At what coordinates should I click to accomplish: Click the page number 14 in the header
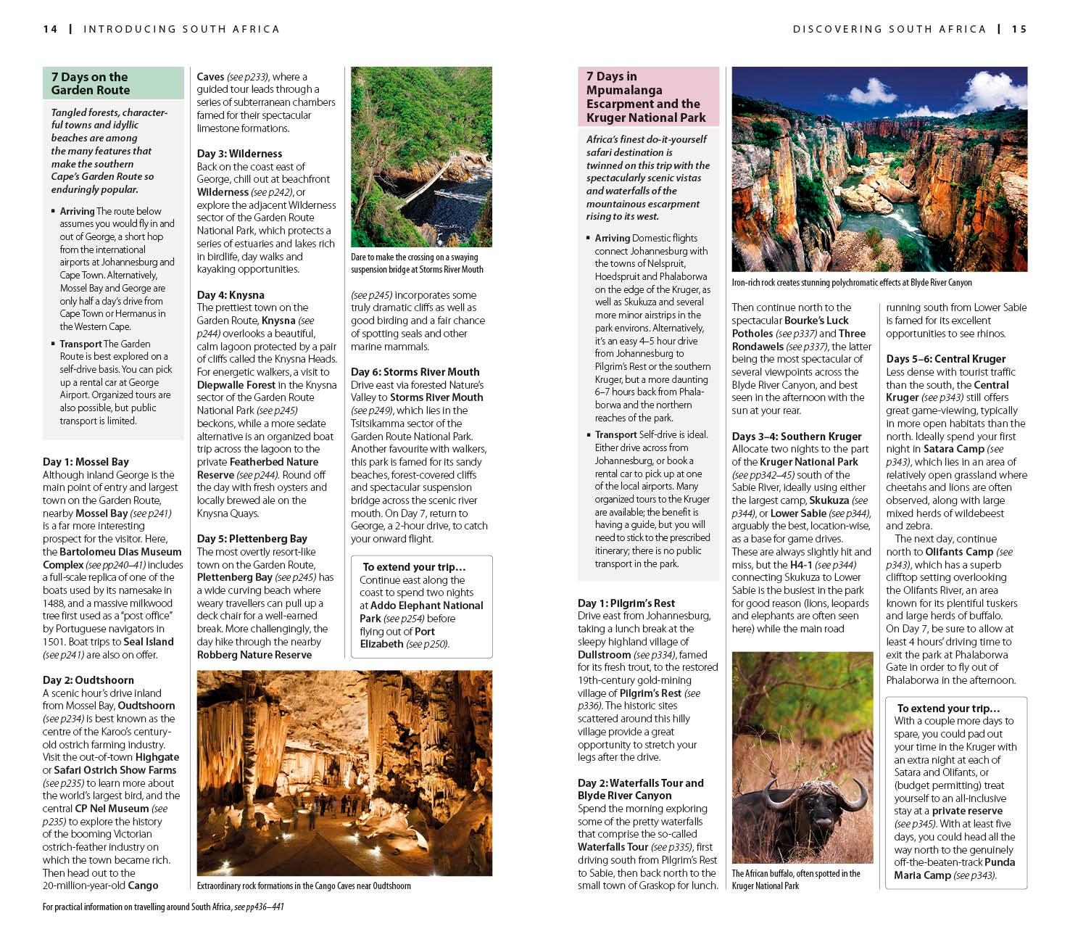pos(50,29)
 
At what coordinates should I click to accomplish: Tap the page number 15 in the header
pos(1019,29)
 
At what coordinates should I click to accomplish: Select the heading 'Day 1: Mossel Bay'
pos(86,462)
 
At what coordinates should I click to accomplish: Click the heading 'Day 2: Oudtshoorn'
pos(88,680)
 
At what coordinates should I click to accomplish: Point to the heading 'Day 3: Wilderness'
pos(239,154)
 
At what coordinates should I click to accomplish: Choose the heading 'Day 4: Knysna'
pos(231,295)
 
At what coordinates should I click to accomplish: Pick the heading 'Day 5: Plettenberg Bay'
pos(252,539)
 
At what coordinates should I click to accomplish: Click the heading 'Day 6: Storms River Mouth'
pos(415,372)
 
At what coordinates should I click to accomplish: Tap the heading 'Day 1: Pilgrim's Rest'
pos(626,603)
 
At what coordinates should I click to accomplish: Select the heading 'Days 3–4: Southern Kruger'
pos(796,437)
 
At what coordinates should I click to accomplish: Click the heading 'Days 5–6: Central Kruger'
pos(945,359)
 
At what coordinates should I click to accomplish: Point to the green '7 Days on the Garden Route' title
pos(91,83)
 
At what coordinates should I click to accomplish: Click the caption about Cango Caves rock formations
pos(304,886)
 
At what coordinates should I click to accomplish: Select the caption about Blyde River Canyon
pos(851,283)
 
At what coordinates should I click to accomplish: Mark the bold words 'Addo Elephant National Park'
pos(420,612)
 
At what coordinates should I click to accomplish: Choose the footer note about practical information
pos(163,907)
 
